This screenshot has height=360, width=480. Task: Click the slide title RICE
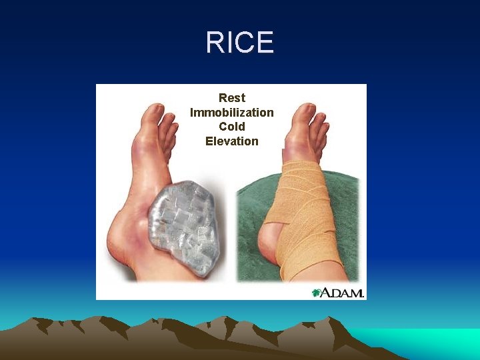(239, 43)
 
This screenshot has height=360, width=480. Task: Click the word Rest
(232, 98)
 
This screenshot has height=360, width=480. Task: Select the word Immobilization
(231, 113)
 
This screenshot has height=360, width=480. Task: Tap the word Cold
(232, 127)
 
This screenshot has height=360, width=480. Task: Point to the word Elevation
(231, 141)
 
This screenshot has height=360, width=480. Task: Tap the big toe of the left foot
(155, 113)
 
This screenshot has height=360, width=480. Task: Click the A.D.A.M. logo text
(342, 293)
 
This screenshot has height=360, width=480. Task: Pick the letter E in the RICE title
(265, 43)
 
